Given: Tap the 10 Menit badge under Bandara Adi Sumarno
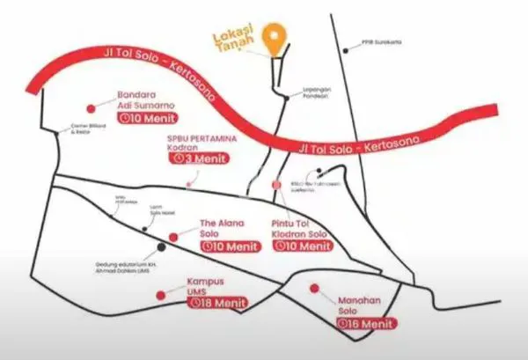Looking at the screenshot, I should coord(149,118).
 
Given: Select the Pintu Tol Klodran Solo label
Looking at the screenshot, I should coord(299,230).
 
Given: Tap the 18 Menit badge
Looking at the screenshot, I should coord(216,303).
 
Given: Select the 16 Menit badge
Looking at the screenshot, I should coord(359,323).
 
